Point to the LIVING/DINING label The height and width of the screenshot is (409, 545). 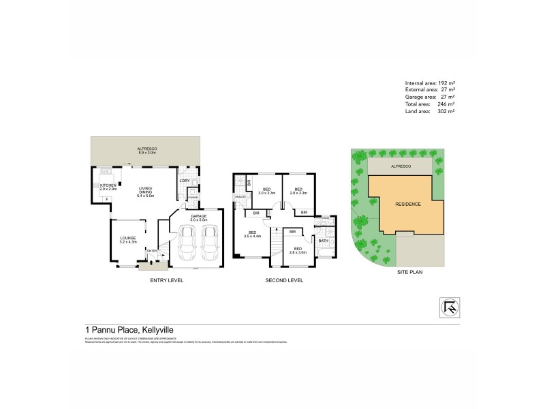(146, 192)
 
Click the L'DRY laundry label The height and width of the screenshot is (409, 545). (184, 180)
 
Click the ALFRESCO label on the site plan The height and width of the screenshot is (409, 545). (398, 166)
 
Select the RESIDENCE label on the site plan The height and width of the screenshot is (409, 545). (408, 204)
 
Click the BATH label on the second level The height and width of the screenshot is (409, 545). (322, 241)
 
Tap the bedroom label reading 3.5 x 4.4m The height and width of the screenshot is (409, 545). (254, 235)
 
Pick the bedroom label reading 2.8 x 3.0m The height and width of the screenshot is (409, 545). (298, 250)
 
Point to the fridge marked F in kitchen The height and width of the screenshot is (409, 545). (106, 198)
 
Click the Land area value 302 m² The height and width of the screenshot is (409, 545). (446, 111)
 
